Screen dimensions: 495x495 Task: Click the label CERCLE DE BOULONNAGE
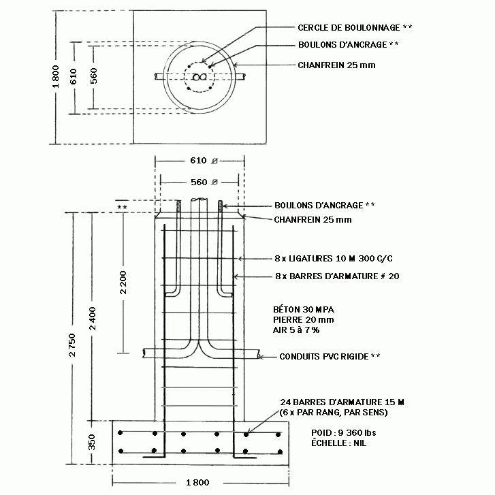tap(349, 28)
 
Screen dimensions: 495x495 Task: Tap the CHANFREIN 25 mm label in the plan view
tap(336, 65)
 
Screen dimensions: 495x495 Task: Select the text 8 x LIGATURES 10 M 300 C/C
tap(334, 259)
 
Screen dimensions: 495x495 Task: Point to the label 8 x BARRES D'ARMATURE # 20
tap(337, 276)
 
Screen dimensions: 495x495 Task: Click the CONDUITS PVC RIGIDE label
tap(324, 357)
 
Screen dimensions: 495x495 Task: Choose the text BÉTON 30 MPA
tap(304, 309)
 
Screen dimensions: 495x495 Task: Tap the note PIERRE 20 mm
tap(304, 320)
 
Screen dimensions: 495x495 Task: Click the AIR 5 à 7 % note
tap(296, 330)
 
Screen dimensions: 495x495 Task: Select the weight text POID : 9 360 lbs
tap(343, 433)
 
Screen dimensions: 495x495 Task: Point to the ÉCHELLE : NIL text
tap(338, 443)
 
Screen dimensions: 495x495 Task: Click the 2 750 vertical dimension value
tap(72, 345)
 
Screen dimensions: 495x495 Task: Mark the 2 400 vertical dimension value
tap(92, 319)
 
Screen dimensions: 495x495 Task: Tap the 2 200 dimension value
tap(123, 283)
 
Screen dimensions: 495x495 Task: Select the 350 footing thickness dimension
tap(91, 442)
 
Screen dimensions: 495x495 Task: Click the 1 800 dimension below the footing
tap(197, 482)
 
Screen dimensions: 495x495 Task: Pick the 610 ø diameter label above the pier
tap(204, 161)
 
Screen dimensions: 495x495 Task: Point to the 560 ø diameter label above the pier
tap(204, 182)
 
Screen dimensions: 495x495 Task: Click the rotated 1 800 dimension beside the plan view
tap(56, 77)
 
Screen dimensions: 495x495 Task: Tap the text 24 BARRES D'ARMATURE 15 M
tap(342, 402)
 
